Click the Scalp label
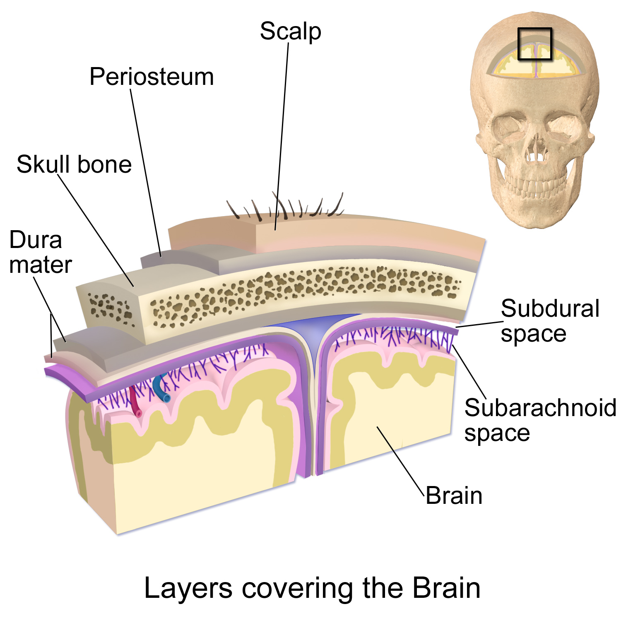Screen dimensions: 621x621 (290, 32)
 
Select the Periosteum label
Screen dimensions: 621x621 (152, 77)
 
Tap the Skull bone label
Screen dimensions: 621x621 (74, 164)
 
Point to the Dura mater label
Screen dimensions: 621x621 (40, 252)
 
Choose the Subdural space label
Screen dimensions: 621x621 (550, 321)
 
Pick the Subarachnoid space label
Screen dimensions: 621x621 (539, 420)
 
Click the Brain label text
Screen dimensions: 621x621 (454, 496)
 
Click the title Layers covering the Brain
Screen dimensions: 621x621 (312, 588)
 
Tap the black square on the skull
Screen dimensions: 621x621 (535, 43)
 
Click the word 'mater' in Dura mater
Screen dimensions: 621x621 (40, 265)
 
